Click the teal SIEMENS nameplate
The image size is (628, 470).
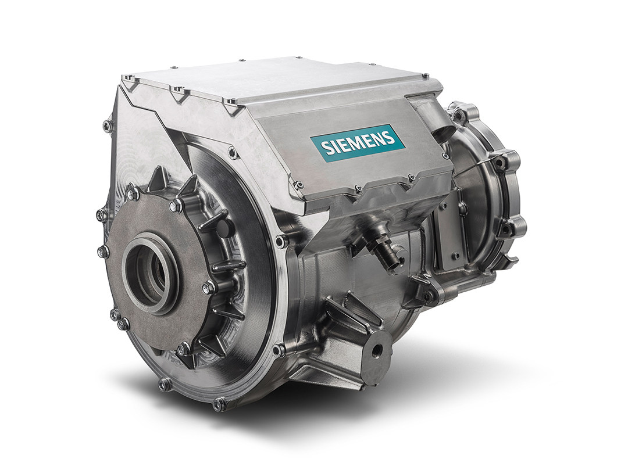(x=356, y=145)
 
